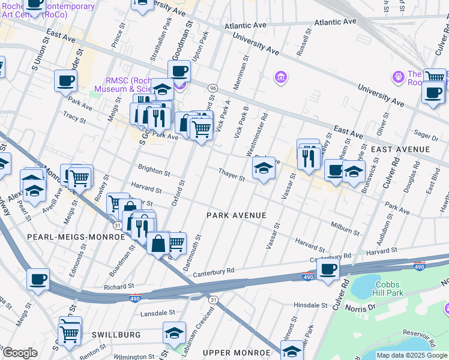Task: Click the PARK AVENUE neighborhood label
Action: coord(236,215)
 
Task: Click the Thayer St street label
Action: coord(232,175)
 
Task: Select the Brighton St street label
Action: coord(154,172)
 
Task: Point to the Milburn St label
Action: coord(345,228)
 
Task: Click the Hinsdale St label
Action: coord(310,305)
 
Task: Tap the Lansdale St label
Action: coord(157,313)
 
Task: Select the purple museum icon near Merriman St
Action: coord(280,77)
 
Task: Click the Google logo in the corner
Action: coord(20,353)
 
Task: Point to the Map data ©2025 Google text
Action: coord(412,355)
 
